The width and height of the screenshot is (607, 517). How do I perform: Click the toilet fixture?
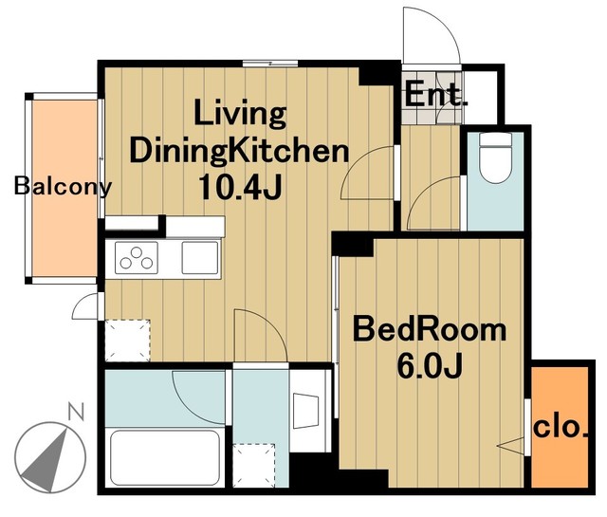(x=495, y=157)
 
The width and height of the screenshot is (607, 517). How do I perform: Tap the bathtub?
(x=165, y=457)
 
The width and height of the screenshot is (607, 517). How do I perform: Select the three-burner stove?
(x=137, y=258)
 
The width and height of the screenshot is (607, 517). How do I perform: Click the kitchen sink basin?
(x=200, y=257)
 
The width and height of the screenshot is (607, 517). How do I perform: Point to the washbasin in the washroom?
(x=305, y=411)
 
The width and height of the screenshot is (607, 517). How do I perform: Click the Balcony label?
(x=63, y=186)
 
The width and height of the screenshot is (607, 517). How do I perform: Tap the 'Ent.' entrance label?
(x=436, y=94)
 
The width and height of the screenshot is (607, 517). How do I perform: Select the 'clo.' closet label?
(x=561, y=428)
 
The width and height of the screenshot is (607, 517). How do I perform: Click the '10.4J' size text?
(x=240, y=188)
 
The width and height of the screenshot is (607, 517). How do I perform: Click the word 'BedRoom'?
(x=430, y=329)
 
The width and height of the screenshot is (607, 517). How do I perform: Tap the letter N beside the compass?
(x=76, y=412)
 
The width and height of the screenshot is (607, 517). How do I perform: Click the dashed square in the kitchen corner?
(x=128, y=341)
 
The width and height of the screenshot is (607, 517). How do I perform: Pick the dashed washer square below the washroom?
(x=254, y=465)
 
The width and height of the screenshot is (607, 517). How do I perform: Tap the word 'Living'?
(x=240, y=113)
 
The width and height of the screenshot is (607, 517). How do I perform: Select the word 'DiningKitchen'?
(x=240, y=152)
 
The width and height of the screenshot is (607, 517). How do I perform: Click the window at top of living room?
(x=270, y=64)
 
